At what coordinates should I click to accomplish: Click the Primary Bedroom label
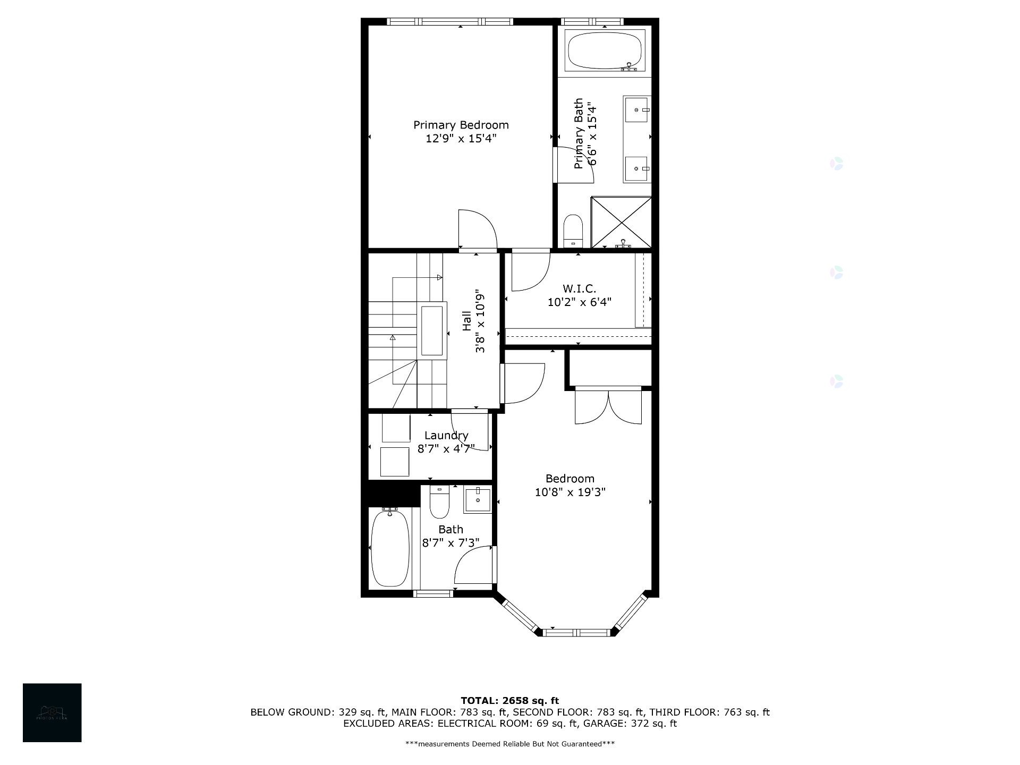(461, 125)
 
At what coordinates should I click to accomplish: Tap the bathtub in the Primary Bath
(605, 50)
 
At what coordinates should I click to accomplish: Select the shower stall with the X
(621, 222)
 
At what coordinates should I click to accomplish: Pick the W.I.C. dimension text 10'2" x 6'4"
(579, 302)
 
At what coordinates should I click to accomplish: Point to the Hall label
(466, 321)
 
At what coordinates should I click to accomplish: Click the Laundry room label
(446, 436)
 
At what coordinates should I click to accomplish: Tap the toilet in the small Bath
(439, 503)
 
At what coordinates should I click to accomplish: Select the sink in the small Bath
(478, 499)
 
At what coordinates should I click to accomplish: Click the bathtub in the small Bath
(390, 547)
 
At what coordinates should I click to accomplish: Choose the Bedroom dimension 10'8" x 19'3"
(569, 492)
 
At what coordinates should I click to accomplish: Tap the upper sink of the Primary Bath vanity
(636, 109)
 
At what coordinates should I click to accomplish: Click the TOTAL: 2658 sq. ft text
(509, 701)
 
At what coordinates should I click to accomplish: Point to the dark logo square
(52, 712)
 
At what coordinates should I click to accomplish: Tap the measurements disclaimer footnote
(509, 744)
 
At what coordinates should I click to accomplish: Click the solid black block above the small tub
(390, 493)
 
